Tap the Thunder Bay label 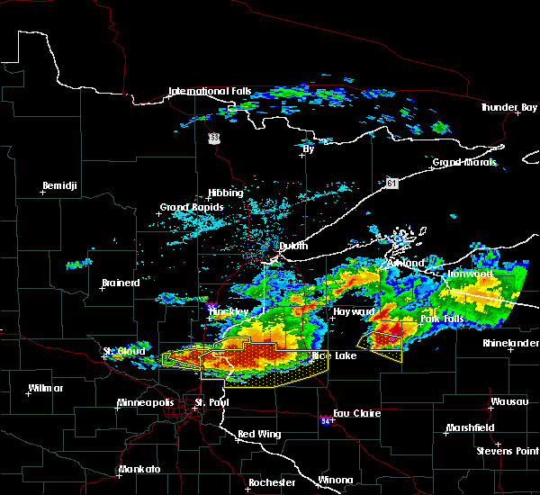point(508,107)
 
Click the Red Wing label point(259,435)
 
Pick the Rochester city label point(272,482)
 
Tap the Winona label point(336,479)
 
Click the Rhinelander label point(508,343)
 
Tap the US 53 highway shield point(213,138)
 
